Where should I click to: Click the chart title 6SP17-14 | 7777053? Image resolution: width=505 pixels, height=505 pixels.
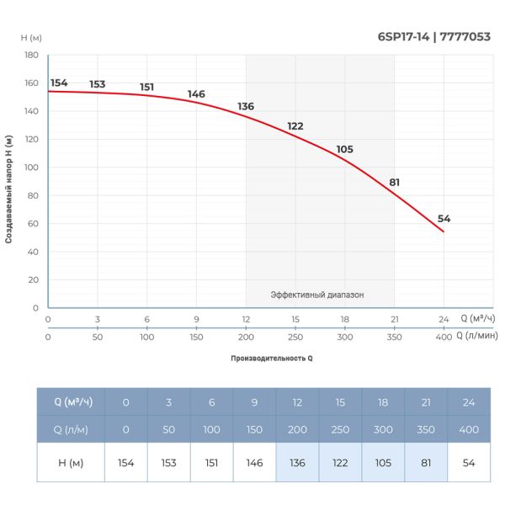434,36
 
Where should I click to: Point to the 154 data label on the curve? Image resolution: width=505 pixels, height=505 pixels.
59,82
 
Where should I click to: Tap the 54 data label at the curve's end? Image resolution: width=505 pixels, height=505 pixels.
444,219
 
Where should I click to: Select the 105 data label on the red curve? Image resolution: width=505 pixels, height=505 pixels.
344,149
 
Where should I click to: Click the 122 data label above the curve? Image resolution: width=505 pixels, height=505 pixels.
295,126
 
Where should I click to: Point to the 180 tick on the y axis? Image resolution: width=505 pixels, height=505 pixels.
31,56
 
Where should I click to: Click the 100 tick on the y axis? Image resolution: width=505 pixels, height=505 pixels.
31,167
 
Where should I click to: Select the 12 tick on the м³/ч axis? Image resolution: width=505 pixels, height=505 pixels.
246,320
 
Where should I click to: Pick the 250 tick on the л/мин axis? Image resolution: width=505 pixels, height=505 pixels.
295,337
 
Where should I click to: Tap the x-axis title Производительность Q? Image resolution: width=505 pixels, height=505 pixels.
271,359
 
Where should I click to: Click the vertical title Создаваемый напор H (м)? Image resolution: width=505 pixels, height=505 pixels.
8,189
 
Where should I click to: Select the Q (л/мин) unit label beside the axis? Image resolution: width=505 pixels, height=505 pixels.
476,336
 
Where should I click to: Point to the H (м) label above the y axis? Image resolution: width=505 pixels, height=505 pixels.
31,38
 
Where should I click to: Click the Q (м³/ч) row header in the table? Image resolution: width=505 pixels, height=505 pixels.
72,402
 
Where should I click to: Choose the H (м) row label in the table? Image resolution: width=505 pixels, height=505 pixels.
72,463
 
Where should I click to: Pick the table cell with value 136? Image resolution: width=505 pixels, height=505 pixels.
297,463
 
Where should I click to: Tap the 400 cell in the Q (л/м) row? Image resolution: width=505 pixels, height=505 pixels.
468,430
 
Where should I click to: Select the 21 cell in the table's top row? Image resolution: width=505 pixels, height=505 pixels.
425,402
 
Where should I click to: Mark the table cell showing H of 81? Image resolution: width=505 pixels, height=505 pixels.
425,463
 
